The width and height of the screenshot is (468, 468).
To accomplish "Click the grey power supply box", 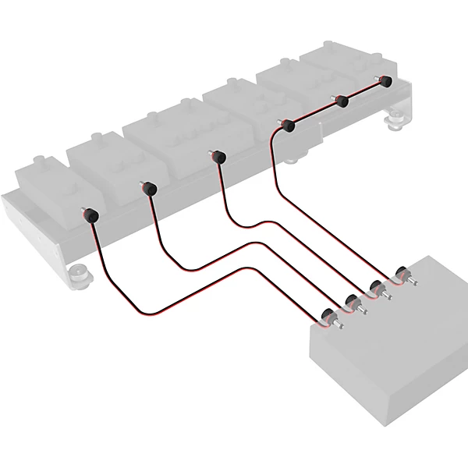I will click(390, 343).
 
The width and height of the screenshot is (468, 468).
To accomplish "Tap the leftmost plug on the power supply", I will click(328, 316).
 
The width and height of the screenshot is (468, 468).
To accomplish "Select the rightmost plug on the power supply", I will click(402, 274).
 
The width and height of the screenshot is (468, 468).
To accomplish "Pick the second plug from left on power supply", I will click(352, 302).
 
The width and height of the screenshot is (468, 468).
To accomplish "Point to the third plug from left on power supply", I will click(378, 287).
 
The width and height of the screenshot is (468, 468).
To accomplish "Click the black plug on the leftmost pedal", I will click(91, 214).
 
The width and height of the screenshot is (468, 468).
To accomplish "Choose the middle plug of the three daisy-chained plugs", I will click(340, 101).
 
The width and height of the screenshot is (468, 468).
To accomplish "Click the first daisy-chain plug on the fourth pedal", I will click(287, 125).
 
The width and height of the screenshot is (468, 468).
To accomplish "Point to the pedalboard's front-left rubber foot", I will click(78, 273).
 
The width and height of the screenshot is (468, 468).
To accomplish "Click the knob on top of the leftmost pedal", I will click(39, 161).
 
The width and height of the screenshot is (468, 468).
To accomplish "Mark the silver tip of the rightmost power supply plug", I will click(413, 280).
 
